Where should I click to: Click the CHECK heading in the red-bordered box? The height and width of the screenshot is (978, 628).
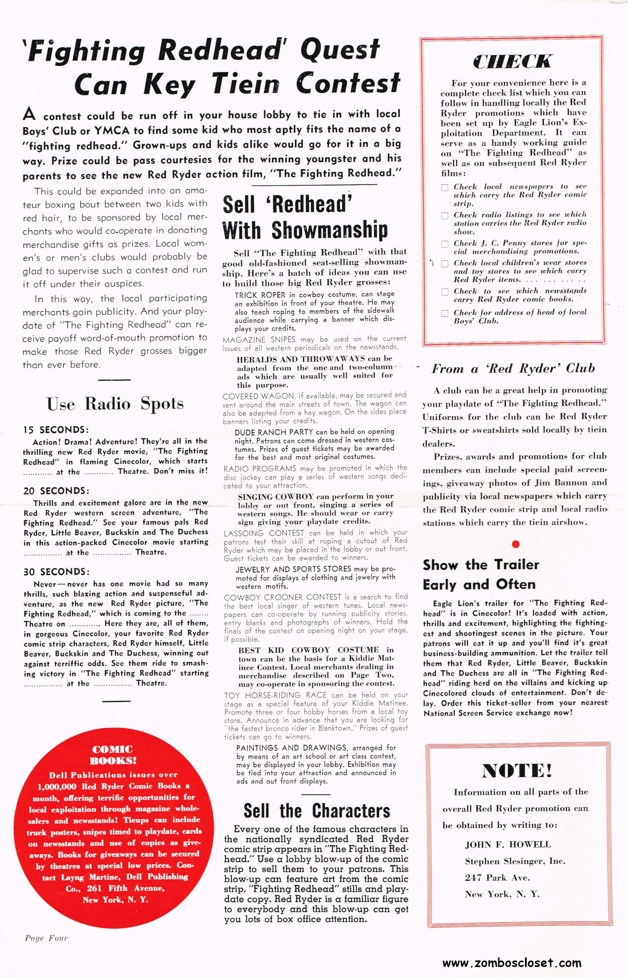pyautogui.click(x=512, y=62)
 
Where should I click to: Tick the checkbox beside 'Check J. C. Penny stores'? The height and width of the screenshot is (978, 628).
pyautogui.click(x=445, y=244)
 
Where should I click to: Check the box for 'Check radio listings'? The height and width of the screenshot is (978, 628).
pyautogui.click(x=445, y=216)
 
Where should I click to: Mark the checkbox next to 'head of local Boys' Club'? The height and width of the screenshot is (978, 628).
pyautogui.click(x=445, y=313)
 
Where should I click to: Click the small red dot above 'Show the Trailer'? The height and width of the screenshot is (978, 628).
pyautogui.click(x=516, y=544)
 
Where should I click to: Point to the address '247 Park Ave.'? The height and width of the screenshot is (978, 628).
pyautogui.click(x=497, y=878)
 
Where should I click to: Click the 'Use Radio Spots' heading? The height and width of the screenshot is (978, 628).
pyautogui.click(x=115, y=404)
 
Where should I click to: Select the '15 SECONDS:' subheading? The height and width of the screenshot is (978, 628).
pyautogui.click(x=56, y=430)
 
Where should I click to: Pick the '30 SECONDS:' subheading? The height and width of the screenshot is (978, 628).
pyautogui.click(x=56, y=572)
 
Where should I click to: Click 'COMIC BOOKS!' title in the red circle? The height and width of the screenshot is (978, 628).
pyautogui.click(x=113, y=755)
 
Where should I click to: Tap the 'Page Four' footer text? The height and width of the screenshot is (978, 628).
pyautogui.click(x=46, y=938)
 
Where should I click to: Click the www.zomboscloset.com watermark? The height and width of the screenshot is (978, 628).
pyautogui.click(x=512, y=963)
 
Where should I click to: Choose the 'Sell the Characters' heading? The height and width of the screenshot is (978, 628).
pyautogui.click(x=317, y=811)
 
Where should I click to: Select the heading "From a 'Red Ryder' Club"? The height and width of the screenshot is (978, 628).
pyautogui.click(x=513, y=368)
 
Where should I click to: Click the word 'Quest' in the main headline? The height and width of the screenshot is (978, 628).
pyautogui.click(x=340, y=49)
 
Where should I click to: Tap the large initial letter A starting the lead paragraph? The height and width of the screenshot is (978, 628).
pyautogui.click(x=29, y=114)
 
